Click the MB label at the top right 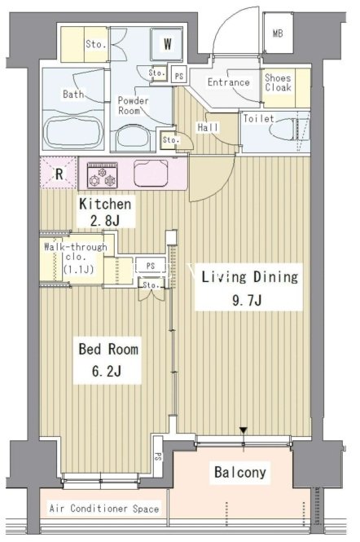click(x=278, y=33)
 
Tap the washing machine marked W click(x=167, y=43)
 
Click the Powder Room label click(x=133, y=106)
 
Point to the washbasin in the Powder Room click(x=133, y=139)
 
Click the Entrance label click(x=228, y=82)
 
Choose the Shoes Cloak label click(x=278, y=82)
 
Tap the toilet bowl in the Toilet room click(x=283, y=130)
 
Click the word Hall click(x=208, y=127)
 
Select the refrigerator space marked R click(x=59, y=173)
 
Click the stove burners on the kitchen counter click(x=103, y=175)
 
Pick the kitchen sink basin click(x=151, y=173)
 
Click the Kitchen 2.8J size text click(x=105, y=221)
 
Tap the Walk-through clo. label click(x=76, y=258)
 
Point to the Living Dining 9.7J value click(x=247, y=301)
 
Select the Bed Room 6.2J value click(x=106, y=372)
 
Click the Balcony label click(x=240, y=472)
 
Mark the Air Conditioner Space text click(x=104, y=509)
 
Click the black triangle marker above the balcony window click(x=244, y=430)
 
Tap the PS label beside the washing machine click(x=179, y=76)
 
